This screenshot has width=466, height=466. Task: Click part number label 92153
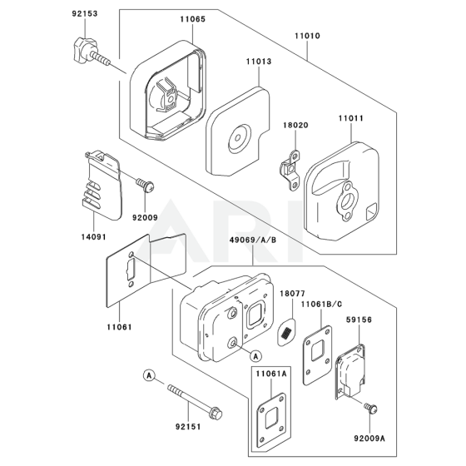[x=85, y=13]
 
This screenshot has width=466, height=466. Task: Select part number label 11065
[x=192, y=19]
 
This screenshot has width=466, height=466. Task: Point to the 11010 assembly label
[x=307, y=36]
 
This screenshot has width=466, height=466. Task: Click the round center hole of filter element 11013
[x=238, y=138]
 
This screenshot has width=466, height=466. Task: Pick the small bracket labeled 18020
[x=290, y=171]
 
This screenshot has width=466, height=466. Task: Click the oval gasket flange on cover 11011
[x=347, y=201]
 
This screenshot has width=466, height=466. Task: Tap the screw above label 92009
[x=146, y=185]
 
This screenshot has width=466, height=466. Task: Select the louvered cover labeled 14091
[x=102, y=185]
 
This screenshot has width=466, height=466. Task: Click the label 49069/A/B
[x=253, y=240]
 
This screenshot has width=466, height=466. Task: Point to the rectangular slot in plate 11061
[x=131, y=269]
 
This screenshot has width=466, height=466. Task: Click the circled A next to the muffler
[x=256, y=356]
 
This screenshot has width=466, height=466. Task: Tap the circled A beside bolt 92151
[x=149, y=375]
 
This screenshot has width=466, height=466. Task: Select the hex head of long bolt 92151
[x=216, y=414]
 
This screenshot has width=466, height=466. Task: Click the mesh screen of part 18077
[x=286, y=332]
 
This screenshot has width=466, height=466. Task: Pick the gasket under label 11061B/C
[x=317, y=355]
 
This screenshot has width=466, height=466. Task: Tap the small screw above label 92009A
[x=370, y=409]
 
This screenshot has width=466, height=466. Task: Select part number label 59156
[x=359, y=320]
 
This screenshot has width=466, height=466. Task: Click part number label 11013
[x=259, y=62]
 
